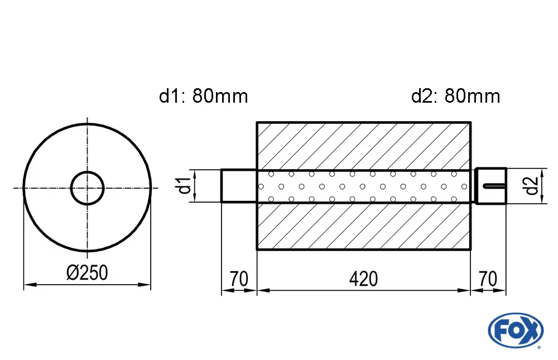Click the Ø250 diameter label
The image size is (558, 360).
pyautogui.click(x=86, y=273)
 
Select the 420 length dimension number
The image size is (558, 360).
pyautogui.click(x=364, y=279)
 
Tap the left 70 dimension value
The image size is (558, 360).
pyautogui.click(x=238, y=279)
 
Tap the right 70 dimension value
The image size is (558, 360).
pyautogui.click(x=488, y=279)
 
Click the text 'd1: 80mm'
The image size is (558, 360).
pyautogui.click(x=203, y=97)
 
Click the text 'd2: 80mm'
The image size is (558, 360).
pyautogui.click(x=455, y=97)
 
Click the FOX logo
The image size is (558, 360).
pyautogui.click(x=515, y=330)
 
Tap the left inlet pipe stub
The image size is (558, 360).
pyautogui.click(x=238, y=186)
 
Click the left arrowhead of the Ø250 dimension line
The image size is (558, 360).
pyautogui.click(x=27, y=285)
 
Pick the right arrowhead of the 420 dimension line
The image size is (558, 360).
pyautogui.click(x=465, y=290)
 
